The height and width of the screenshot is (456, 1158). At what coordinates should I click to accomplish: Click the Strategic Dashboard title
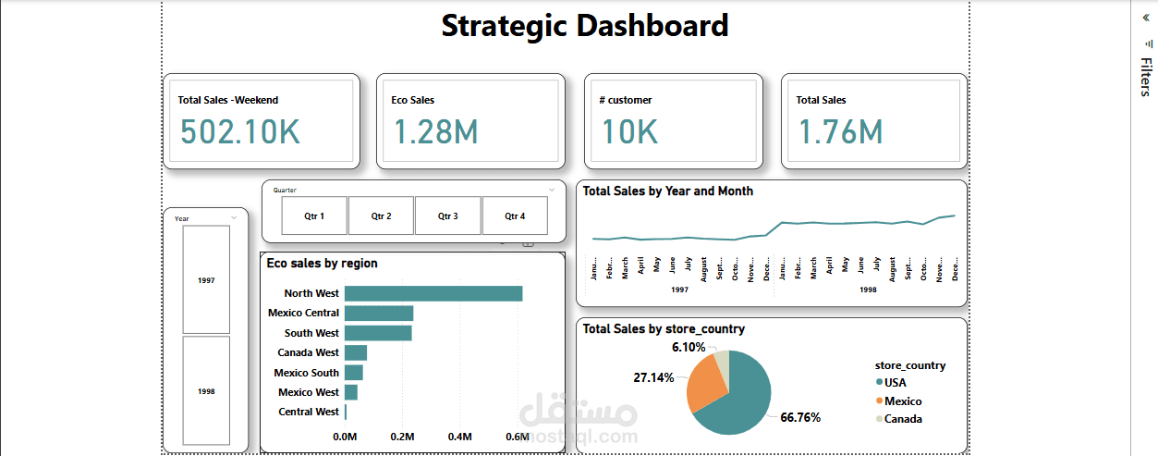pyautogui.click(x=584, y=26)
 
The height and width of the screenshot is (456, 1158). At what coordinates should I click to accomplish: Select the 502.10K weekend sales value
pyautogui.click(x=239, y=132)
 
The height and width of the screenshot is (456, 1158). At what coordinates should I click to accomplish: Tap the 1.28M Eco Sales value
pyautogui.click(x=434, y=132)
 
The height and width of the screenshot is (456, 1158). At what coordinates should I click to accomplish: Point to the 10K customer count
pyautogui.click(x=629, y=132)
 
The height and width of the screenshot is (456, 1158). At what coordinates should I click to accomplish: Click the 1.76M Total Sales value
pyautogui.click(x=839, y=132)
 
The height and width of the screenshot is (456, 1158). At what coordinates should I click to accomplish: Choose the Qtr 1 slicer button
pyautogui.click(x=314, y=216)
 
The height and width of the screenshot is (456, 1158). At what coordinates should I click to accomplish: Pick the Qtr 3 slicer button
pyautogui.click(x=448, y=216)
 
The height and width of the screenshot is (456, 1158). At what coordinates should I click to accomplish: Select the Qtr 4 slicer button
pyautogui.click(x=515, y=216)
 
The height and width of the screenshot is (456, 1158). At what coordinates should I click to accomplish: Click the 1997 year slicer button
pyautogui.click(x=206, y=279)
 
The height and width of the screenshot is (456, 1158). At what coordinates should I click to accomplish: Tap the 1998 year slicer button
pyautogui.click(x=206, y=390)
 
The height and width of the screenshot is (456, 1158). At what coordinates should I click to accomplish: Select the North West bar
pyautogui.click(x=433, y=293)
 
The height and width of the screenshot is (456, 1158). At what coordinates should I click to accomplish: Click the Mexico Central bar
pyautogui.click(x=379, y=313)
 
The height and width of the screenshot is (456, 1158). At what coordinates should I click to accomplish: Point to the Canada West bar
pyautogui.click(x=356, y=352)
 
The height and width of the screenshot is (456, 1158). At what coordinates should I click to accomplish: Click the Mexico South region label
pyautogui.click(x=306, y=373)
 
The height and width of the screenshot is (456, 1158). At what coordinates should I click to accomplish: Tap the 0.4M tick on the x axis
pyautogui.click(x=459, y=437)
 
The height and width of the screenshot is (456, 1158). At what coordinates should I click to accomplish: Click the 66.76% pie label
pyautogui.click(x=800, y=417)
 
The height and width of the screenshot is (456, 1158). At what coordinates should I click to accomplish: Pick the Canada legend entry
pyautogui.click(x=902, y=419)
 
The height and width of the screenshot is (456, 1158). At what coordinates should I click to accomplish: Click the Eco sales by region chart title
pyautogui.click(x=322, y=264)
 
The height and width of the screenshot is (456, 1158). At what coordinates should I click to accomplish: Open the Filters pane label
pyautogui.click(x=1145, y=77)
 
